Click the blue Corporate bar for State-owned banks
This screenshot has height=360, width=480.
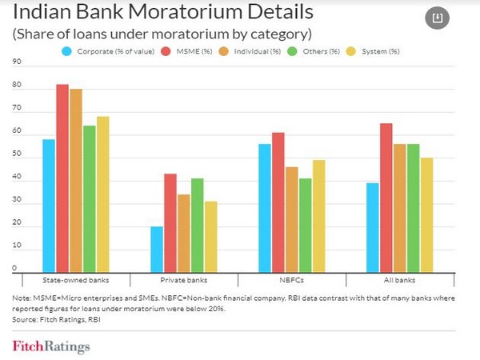click(49, 206)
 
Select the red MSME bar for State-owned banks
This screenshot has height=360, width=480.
click(62, 179)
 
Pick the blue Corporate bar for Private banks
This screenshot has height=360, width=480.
click(157, 250)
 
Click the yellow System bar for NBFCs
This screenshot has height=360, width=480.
click(318, 216)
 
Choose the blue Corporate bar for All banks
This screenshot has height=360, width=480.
click(373, 228)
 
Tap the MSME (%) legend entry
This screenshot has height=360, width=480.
click(187, 51)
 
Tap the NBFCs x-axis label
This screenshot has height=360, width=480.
click(291, 281)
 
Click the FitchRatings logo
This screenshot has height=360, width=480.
click(51, 346)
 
